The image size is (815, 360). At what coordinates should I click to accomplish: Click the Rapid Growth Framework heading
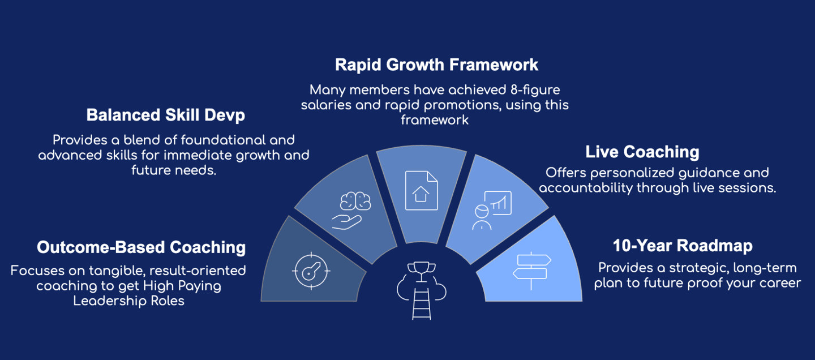pyautogui.click(x=436, y=65)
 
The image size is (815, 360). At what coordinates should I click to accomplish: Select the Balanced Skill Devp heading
pyautogui.click(x=165, y=115)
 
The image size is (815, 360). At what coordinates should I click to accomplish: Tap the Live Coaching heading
pyautogui.click(x=642, y=152)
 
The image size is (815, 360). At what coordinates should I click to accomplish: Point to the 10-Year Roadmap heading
pyautogui.click(x=683, y=246)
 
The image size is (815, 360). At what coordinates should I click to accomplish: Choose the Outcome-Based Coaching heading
pyautogui.click(x=141, y=247)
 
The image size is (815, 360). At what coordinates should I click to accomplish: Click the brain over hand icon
pyautogui.click(x=351, y=211)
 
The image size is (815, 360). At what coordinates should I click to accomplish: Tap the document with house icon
pyautogui.click(x=421, y=190)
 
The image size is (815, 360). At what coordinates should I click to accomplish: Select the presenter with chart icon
pyautogui.click(x=492, y=211)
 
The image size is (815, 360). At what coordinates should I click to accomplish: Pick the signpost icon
pyautogui.click(x=531, y=271)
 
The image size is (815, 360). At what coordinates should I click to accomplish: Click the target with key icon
pyautogui.click(x=311, y=271)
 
